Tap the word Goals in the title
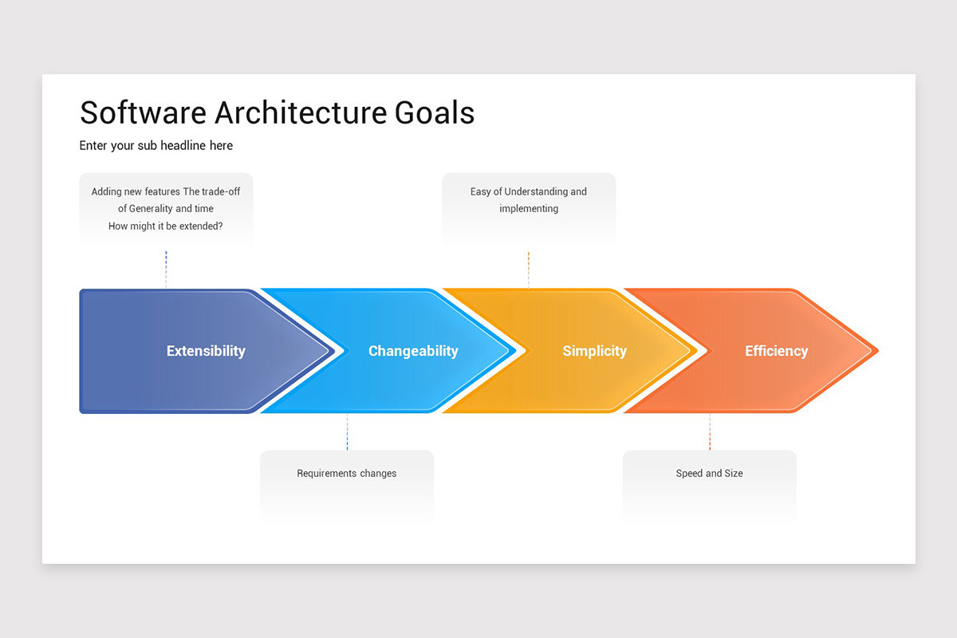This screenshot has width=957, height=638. (x=435, y=112)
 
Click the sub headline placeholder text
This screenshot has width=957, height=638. (x=156, y=145)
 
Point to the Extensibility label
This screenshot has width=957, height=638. (x=206, y=351)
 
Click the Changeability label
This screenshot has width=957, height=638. (x=413, y=351)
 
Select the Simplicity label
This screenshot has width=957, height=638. (x=594, y=351)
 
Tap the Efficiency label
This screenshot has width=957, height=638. (x=776, y=351)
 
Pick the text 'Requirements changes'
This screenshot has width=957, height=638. (x=347, y=473)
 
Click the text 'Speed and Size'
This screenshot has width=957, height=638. (x=709, y=473)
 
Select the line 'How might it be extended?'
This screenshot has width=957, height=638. (x=166, y=226)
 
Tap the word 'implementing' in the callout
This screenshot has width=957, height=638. (x=529, y=208)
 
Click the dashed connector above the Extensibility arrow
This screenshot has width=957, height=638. (x=166, y=270)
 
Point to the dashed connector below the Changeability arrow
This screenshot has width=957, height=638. (x=347, y=431)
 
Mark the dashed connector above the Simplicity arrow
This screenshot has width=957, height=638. (x=529, y=270)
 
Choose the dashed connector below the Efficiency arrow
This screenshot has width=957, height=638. (x=710, y=431)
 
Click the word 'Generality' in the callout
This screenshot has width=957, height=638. (x=152, y=208)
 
